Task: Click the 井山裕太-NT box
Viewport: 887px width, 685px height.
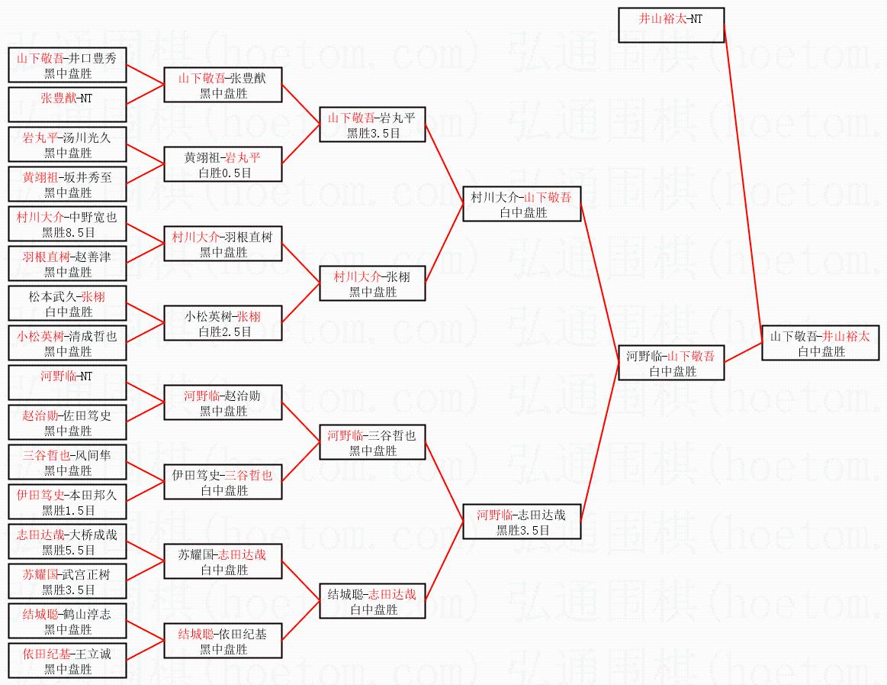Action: (x=670, y=25)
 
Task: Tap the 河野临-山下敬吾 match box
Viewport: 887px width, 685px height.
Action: (x=670, y=363)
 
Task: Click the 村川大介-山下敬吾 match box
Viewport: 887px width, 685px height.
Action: (x=522, y=204)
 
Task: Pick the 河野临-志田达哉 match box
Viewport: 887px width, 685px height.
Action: (x=522, y=522)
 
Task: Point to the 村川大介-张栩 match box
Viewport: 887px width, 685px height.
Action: (x=371, y=283)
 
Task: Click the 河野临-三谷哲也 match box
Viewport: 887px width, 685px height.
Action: (x=371, y=442)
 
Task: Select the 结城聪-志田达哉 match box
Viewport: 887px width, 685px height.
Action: (x=371, y=601)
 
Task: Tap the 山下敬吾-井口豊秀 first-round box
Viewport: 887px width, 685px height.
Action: (x=66, y=65)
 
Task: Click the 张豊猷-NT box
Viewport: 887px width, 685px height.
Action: (x=66, y=105)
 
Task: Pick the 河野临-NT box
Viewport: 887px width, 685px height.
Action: (x=66, y=383)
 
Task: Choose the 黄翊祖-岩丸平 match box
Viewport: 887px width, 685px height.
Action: (x=223, y=164)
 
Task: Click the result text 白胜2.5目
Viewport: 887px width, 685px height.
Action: (x=223, y=331)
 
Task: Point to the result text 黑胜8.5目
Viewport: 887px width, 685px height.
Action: (x=66, y=232)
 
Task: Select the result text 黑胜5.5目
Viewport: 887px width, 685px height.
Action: (x=66, y=550)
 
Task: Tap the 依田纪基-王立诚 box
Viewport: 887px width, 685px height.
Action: (x=66, y=661)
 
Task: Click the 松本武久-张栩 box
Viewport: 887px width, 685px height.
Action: (x=66, y=303)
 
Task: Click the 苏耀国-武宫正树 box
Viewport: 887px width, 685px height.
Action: (x=66, y=581)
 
